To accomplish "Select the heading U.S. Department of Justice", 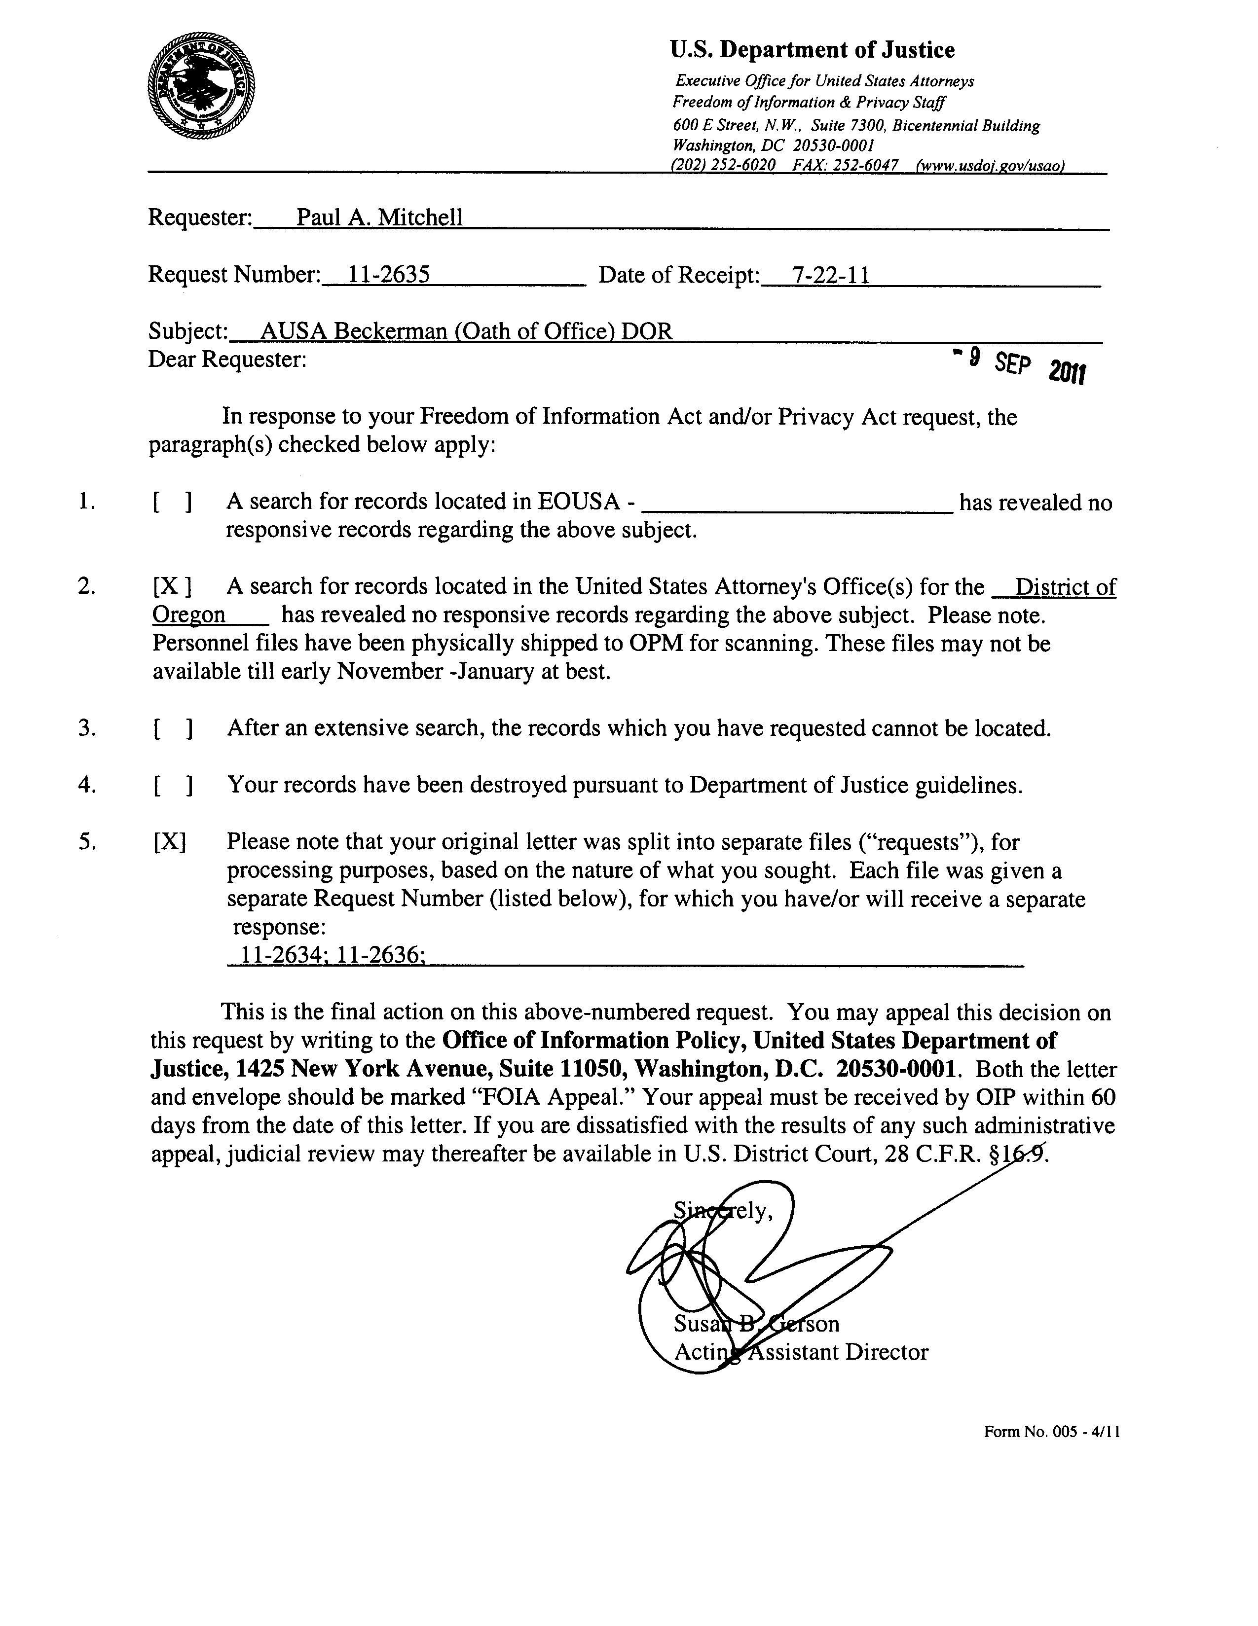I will coord(812,50).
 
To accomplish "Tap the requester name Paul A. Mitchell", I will coord(380,217).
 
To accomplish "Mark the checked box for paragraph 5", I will coord(170,842).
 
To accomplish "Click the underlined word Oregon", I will coord(188,615).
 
